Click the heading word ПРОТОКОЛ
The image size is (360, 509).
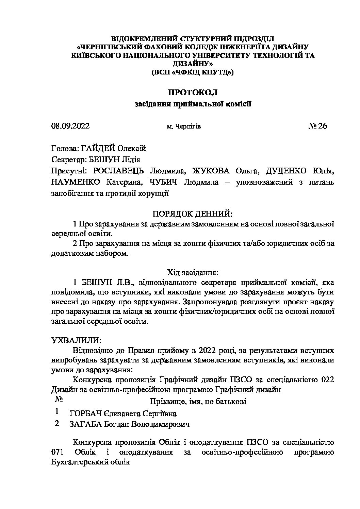192,92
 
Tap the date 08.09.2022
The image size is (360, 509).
70,126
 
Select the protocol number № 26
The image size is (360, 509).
317,126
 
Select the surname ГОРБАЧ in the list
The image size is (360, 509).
86,413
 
